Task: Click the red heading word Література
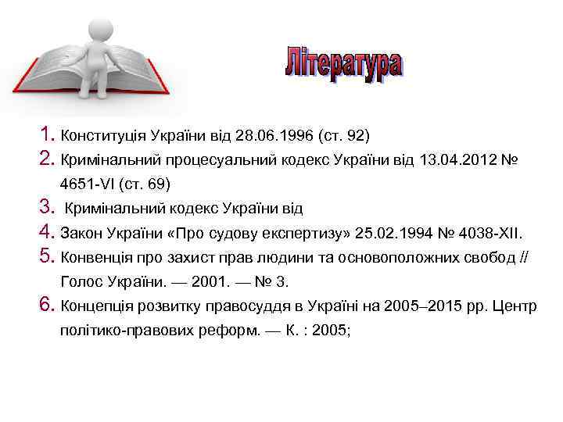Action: pos(343,64)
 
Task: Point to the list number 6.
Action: pos(44,306)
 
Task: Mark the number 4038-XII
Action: pos(495,233)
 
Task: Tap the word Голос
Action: pos(79,282)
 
